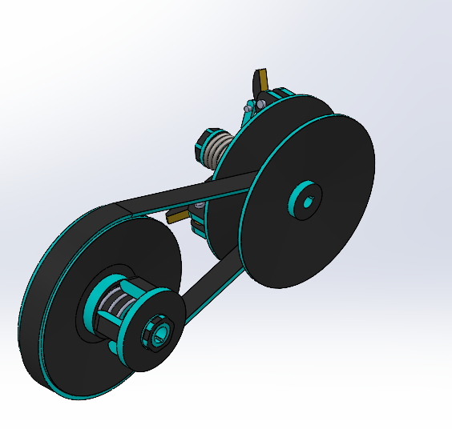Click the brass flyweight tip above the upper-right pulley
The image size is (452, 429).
[260, 79]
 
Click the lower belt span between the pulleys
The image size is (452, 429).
[210, 279]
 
